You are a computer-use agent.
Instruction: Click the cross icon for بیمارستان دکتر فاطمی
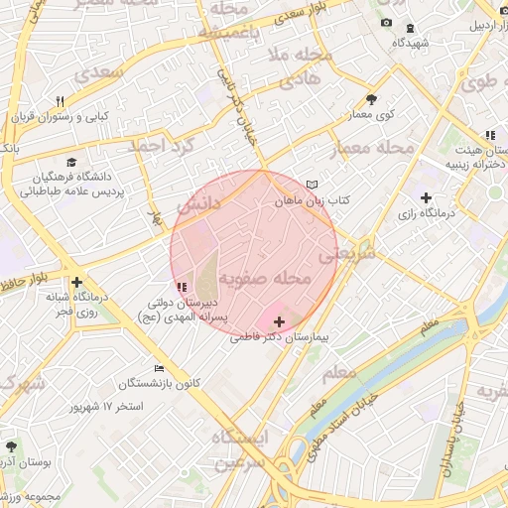pyautogui.click(x=280, y=322)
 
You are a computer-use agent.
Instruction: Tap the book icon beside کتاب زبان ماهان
pyautogui.click(x=314, y=185)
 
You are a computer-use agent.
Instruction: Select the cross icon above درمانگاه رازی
pyautogui.click(x=427, y=197)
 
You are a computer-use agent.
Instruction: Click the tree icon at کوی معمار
pyautogui.click(x=371, y=99)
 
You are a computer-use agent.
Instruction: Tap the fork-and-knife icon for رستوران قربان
pyautogui.click(x=60, y=102)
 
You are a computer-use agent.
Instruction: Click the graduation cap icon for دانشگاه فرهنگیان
pyautogui.click(x=70, y=162)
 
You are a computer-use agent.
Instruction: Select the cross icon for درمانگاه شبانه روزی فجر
pyautogui.click(x=76, y=281)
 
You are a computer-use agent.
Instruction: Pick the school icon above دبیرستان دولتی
pyautogui.click(x=180, y=288)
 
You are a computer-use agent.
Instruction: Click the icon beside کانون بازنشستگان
pyautogui.click(x=159, y=368)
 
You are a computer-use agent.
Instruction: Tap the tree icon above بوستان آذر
pyautogui.click(x=11, y=447)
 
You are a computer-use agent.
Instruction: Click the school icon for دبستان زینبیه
pyautogui.click(x=489, y=135)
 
